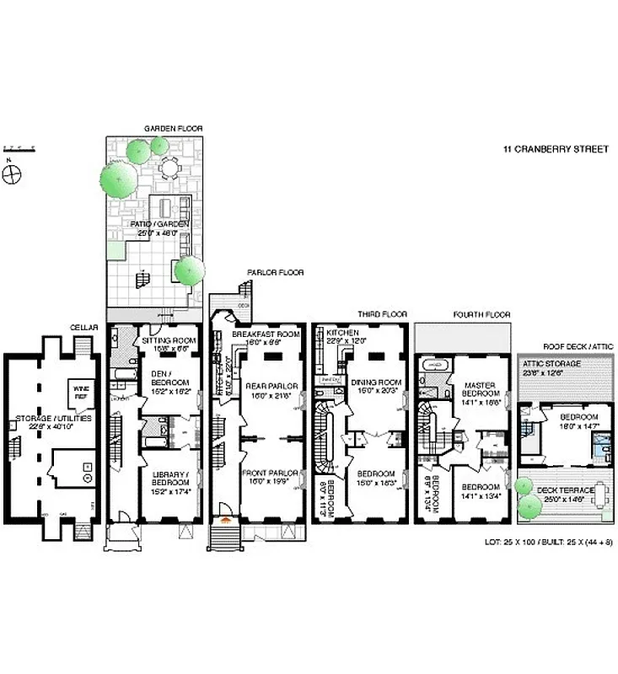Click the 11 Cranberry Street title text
(556, 150)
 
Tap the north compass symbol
(12, 174)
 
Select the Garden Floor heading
(173, 129)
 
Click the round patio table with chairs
(170, 169)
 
